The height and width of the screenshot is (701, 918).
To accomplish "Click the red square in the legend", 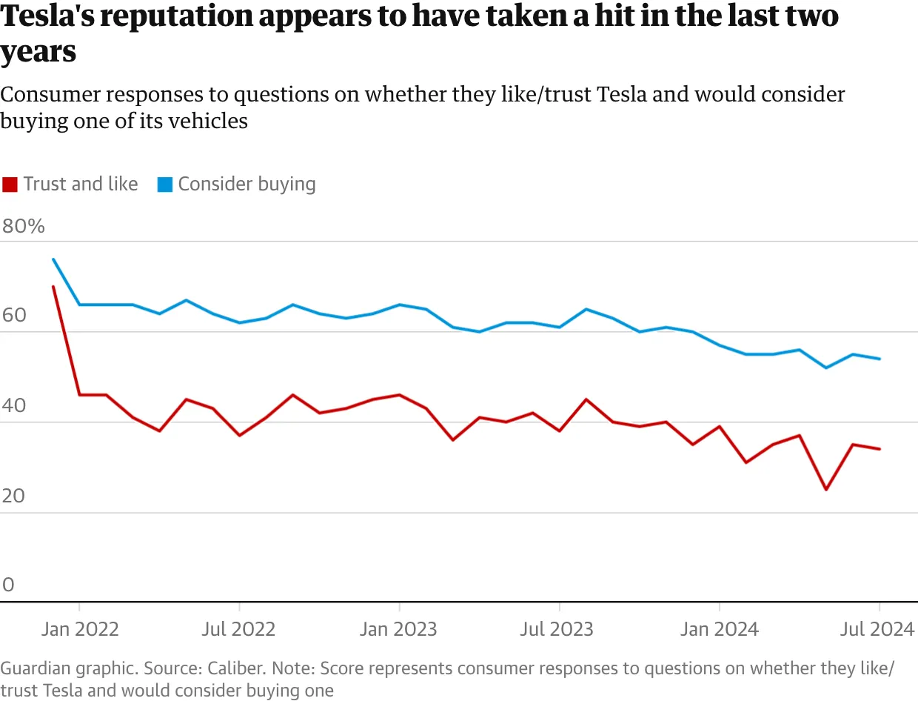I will click(x=10, y=185).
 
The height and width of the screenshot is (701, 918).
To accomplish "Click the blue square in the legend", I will click(x=164, y=185).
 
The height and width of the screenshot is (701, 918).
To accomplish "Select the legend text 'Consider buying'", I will click(x=247, y=184).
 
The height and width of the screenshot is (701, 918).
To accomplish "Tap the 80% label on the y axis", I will click(x=24, y=226).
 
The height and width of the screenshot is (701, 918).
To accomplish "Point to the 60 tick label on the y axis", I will click(x=14, y=316).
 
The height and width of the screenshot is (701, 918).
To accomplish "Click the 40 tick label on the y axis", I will click(x=14, y=407).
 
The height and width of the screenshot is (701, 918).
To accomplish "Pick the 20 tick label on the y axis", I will click(x=14, y=496).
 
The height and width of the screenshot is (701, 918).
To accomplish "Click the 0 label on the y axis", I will click(x=8, y=585).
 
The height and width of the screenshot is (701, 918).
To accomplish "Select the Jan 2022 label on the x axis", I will click(x=80, y=630).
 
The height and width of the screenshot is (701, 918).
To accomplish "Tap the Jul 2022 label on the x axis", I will click(x=239, y=630).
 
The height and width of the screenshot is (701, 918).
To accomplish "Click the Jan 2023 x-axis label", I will click(x=399, y=630).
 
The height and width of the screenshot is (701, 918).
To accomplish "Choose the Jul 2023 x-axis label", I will click(x=557, y=630).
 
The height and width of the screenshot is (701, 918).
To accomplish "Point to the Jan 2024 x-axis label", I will click(x=719, y=630).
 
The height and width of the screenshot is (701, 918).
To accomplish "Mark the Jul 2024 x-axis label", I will click(x=878, y=630).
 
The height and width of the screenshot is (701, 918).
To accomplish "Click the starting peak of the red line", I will click(x=53, y=286).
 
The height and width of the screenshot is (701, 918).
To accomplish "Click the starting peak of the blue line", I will click(x=53, y=259).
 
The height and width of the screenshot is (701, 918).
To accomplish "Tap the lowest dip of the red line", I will click(x=825, y=490).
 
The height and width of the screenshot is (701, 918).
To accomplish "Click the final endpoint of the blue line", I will click(x=880, y=359).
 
